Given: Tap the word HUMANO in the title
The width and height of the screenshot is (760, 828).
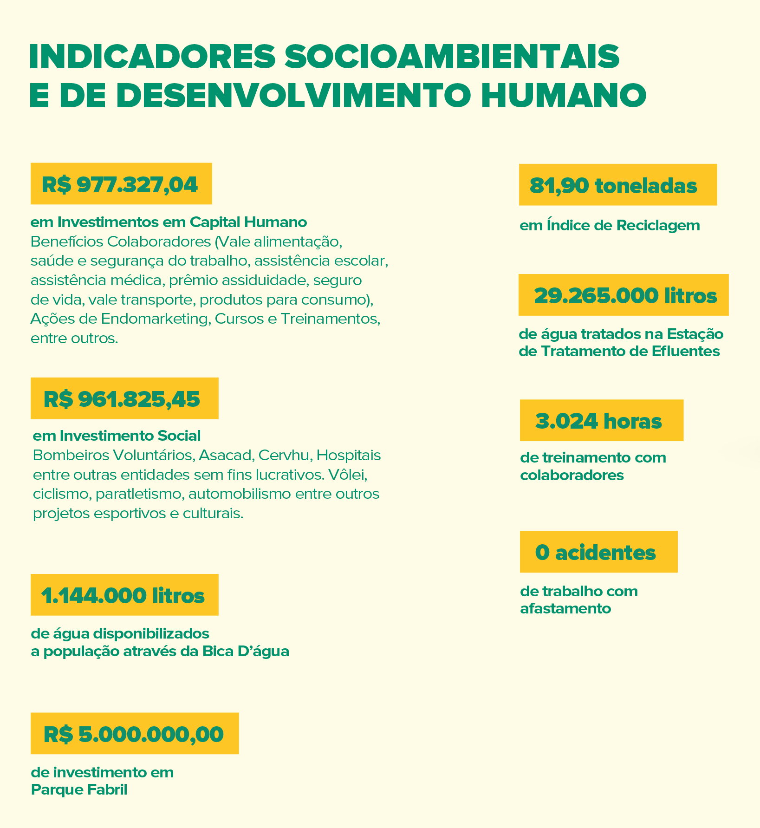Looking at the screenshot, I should (563, 96).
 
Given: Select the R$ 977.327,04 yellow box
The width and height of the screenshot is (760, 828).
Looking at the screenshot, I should (121, 184).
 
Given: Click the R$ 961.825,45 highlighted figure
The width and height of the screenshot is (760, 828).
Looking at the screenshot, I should (124, 398).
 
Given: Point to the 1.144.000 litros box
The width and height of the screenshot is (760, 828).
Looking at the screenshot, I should (124, 595).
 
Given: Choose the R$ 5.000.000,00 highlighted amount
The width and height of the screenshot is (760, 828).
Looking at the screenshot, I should (134, 734).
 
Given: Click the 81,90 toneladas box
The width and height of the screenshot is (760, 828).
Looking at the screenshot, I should (617, 185).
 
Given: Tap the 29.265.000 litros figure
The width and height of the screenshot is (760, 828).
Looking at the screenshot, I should (623, 295).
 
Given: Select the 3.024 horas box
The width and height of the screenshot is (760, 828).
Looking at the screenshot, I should (601, 420).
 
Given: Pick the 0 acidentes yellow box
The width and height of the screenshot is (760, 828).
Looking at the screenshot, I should (598, 552).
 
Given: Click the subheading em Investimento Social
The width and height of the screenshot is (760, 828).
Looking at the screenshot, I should (117, 436).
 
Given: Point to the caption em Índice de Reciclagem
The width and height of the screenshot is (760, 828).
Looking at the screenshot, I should (610, 226).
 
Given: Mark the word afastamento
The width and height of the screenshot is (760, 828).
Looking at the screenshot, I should (565, 608).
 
